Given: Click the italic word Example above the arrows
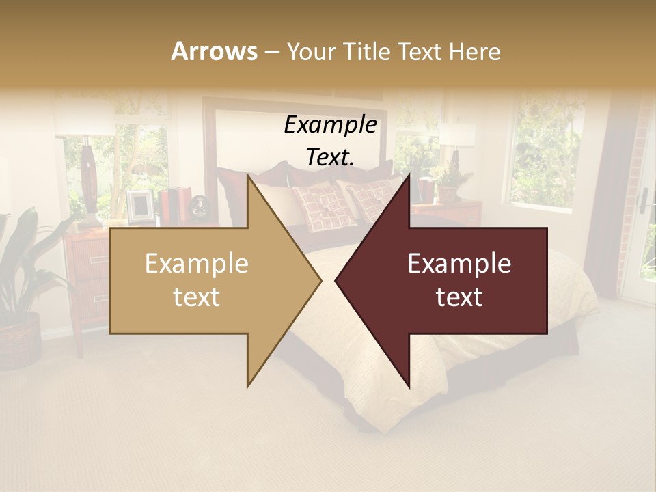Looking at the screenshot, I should point(330,125).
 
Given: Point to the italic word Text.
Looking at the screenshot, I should point(330,158).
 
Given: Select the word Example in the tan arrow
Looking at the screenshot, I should point(197,264).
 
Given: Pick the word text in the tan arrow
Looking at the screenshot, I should point(197,297).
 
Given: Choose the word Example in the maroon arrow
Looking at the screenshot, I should point(459,264).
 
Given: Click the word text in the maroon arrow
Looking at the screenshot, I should point(459,297).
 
